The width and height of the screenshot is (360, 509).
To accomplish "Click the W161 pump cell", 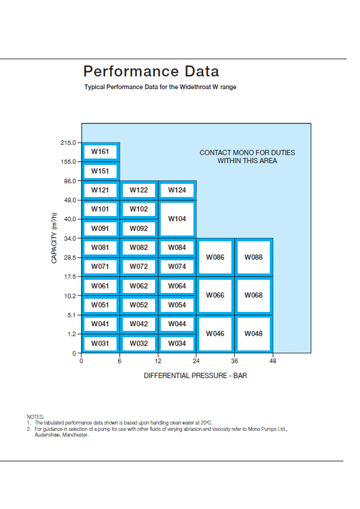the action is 100,152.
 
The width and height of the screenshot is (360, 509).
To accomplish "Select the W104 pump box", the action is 177,219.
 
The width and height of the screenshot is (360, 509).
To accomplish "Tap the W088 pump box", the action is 254,257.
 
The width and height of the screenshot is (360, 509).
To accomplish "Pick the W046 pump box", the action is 215,334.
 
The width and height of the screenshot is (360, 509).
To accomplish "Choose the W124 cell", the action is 177,190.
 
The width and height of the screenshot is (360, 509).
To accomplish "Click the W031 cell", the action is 100,343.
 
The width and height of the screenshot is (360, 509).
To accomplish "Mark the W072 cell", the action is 139,267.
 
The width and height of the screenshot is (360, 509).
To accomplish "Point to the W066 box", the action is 215,295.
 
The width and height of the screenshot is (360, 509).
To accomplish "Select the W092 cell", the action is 139,229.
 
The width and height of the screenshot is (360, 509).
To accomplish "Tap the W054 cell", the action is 177,305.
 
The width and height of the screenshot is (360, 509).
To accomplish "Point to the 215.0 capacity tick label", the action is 68,142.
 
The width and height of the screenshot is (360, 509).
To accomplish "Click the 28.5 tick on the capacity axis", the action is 70,258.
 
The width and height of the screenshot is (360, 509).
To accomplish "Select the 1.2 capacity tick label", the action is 72,334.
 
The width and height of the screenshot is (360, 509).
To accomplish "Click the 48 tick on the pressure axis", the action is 273,361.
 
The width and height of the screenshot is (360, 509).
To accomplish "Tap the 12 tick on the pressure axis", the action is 158,361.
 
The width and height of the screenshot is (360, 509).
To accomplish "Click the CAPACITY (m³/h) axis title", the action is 54,238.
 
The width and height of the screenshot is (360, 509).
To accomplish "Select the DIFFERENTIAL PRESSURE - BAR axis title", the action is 196,376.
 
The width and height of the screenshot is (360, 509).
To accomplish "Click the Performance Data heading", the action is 151,71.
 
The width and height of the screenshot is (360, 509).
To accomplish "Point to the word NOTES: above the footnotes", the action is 35,417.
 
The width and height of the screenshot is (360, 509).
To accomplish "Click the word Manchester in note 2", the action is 75,435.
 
